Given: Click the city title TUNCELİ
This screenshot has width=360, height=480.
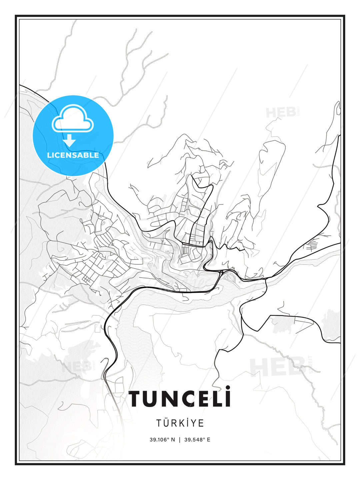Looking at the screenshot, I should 180,399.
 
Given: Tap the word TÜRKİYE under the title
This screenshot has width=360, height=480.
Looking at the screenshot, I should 180,423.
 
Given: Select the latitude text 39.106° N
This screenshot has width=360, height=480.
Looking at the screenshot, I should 162,440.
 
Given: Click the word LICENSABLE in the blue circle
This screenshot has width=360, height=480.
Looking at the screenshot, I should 73,155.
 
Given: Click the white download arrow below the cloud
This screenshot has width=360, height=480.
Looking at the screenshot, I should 70,141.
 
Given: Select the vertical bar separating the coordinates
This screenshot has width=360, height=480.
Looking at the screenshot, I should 180,440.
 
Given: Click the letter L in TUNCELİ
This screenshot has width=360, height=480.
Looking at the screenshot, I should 217,399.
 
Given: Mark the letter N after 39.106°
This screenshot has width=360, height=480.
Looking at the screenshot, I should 173,440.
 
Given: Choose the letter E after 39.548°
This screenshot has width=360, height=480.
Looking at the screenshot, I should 209,440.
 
